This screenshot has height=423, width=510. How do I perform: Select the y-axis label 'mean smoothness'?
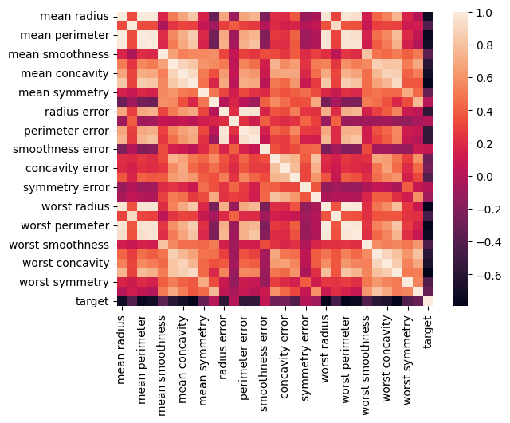[x=58, y=54]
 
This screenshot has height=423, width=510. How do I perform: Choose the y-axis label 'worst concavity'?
[x=65, y=262]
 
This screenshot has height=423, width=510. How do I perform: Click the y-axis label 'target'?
[x=92, y=300]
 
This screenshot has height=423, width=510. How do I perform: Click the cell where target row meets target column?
[x=430, y=300]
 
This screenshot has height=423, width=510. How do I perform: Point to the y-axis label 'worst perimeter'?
[x=65, y=225]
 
